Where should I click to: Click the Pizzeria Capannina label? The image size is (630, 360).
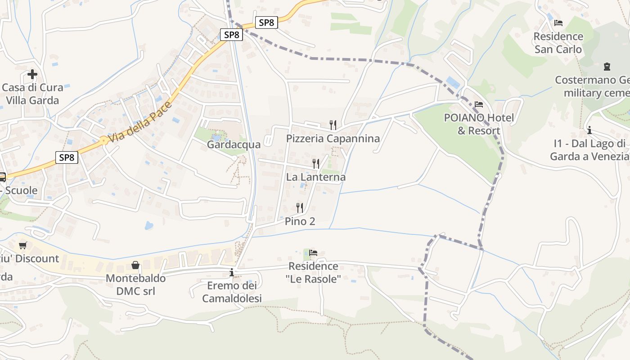(x=333, y=139)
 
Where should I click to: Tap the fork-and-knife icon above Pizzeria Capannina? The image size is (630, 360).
(x=333, y=125)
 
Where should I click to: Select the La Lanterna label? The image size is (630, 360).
(x=316, y=177)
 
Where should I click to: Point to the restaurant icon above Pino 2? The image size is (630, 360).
(x=300, y=207)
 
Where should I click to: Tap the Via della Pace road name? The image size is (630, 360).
(x=140, y=123)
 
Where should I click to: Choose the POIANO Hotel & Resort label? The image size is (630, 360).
(x=479, y=124)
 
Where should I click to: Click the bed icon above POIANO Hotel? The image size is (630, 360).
(x=479, y=104)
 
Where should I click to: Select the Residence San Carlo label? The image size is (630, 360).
(x=558, y=43)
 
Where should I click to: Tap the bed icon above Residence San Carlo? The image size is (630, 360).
(x=558, y=22)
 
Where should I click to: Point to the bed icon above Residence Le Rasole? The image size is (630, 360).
(x=313, y=252)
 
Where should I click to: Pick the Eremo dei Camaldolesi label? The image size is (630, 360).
(x=232, y=292)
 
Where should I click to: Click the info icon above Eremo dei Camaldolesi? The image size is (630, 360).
(x=232, y=272)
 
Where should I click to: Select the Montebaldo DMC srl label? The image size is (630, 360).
(x=135, y=284)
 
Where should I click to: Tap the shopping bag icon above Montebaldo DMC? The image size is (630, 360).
(x=135, y=265)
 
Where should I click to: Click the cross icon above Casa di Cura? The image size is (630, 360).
(x=32, y=74)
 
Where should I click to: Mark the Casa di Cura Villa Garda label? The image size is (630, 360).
(x=32, y=94)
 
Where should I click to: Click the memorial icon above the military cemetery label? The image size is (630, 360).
(x=607, y=67)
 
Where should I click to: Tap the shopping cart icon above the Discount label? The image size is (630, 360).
(x=23, y=245)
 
